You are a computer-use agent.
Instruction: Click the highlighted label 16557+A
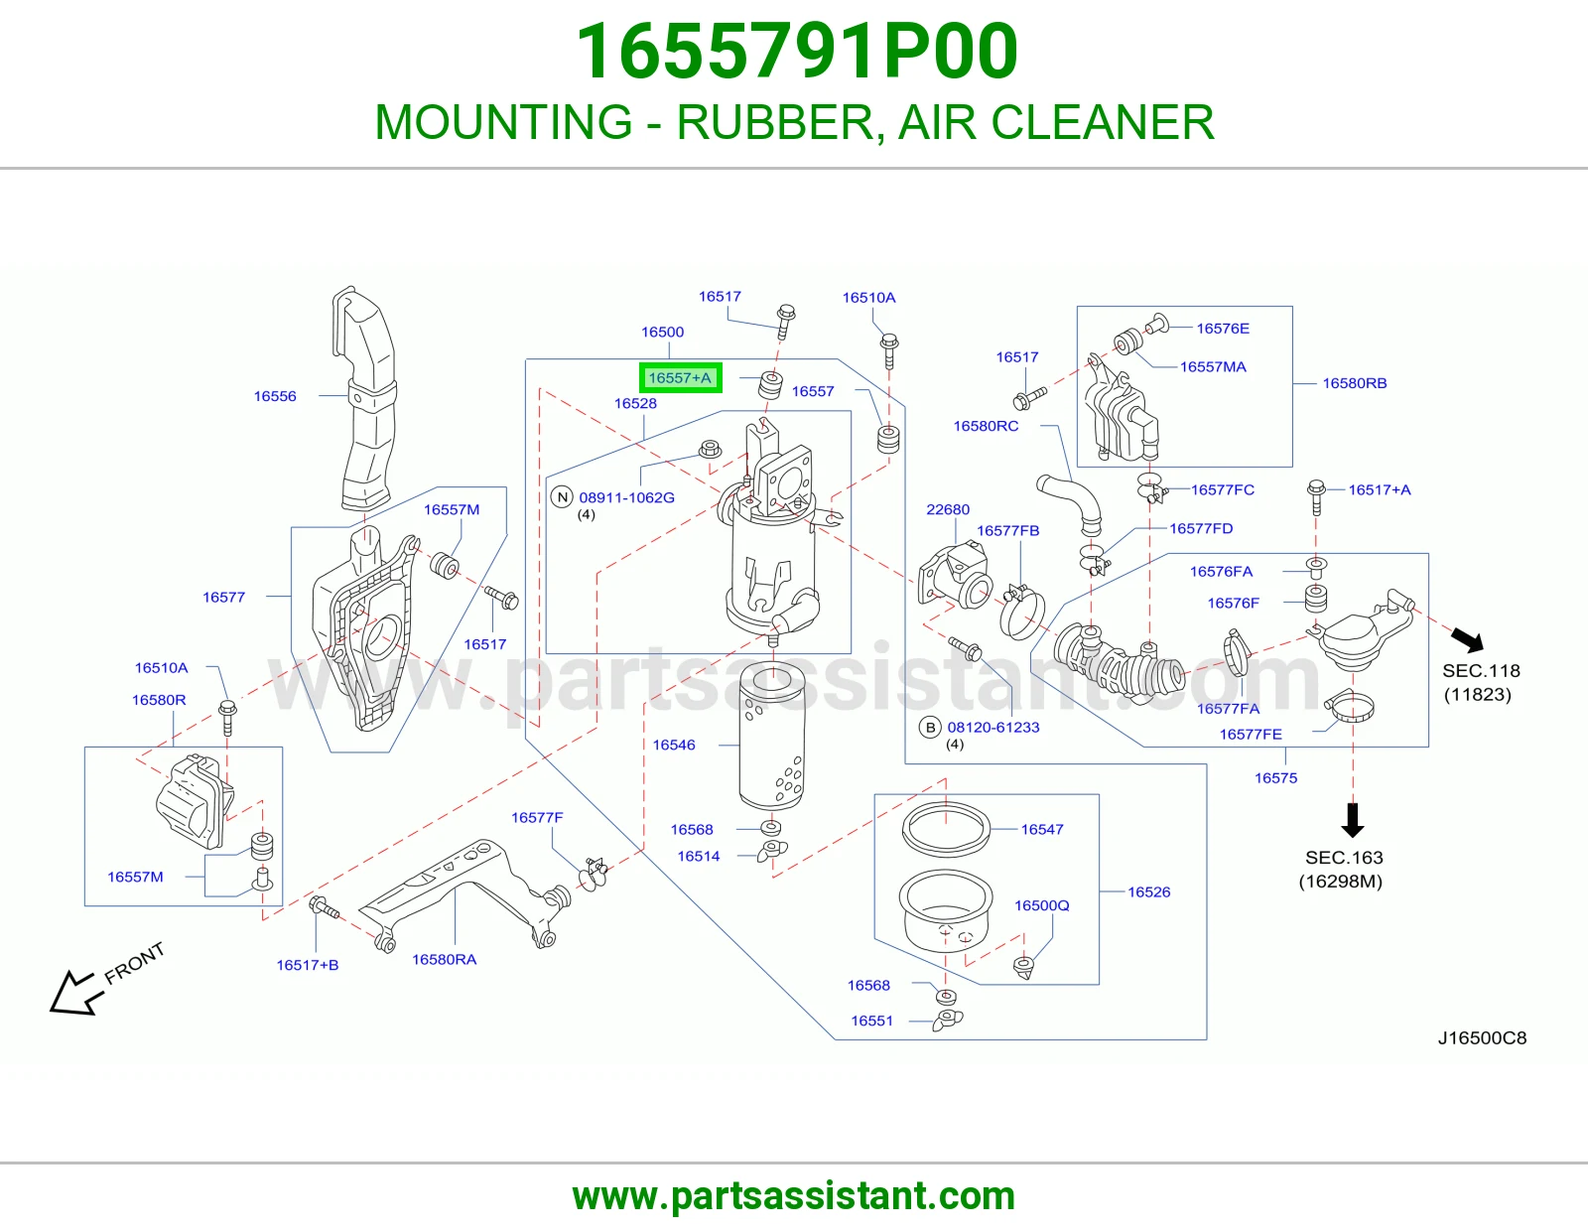point(680,378)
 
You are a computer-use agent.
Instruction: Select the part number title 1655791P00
point(797,52)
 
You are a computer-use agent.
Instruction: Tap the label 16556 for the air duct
point(275,396)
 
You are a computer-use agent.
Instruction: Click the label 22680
point(948,509)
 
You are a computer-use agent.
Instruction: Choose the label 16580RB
point(1354,383)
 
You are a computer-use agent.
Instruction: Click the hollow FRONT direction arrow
point(73,994)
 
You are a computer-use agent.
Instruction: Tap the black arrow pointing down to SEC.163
point(1353,820)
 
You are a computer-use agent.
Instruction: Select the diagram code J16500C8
point(1482,1038)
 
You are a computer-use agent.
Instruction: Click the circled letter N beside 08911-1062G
point(562,497)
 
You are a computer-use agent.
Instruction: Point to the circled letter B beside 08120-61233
point(930,728)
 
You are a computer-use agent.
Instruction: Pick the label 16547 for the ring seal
point(1042,829)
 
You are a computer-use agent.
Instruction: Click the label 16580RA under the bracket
point(444,959)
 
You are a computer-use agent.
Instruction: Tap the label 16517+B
point(307,965)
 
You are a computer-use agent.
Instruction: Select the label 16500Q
point(1041,905)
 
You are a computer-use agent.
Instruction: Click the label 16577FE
point(1251,734)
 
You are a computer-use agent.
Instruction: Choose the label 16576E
point(1223,329)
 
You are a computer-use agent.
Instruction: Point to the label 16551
point(871,1021)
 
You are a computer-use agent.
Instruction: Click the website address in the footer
point(794,1196)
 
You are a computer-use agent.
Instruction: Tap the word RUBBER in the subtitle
point(775,122)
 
